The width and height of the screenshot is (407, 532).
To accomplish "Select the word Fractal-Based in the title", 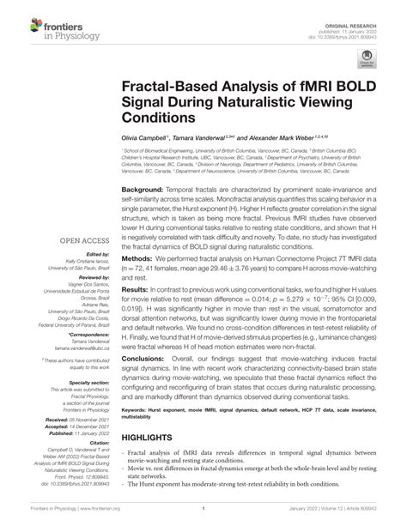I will (x=164, y=86).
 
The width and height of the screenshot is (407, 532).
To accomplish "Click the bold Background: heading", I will (x=142, y=188).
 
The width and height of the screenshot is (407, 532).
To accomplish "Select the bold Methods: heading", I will (x=137, y=281).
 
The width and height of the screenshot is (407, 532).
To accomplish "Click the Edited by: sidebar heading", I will (x=97, y=255).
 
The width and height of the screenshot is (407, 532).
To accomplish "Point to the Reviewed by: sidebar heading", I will (x=93, y=278).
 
